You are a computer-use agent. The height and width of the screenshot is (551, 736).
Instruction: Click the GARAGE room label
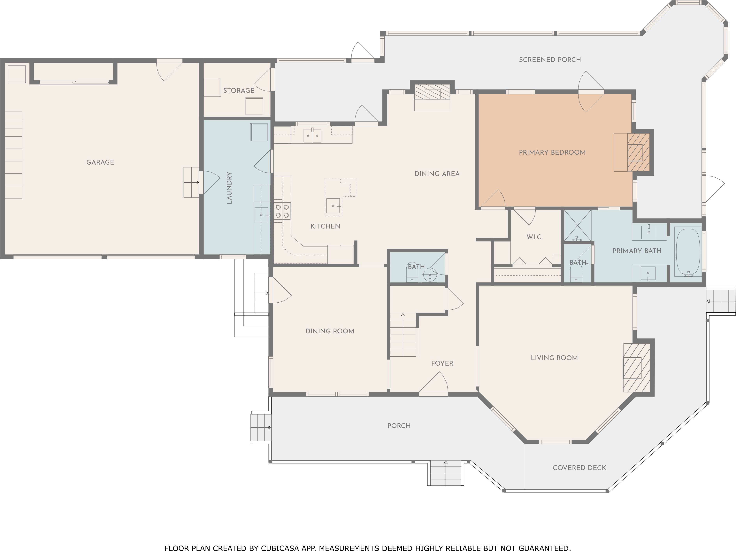coord(100,162)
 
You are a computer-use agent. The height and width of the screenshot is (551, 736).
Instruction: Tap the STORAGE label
coord(239,90)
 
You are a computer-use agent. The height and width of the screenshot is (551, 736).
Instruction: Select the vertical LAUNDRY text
coord(229,188)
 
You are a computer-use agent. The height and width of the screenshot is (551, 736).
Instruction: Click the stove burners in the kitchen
coord(282,211)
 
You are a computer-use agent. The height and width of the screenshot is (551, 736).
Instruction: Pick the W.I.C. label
coord(535,237)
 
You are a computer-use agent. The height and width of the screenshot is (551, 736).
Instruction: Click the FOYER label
coord(442,363)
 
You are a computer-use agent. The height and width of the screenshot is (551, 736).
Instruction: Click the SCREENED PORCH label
coord(550,60)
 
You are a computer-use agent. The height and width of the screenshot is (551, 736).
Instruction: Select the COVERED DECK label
coord(579,468)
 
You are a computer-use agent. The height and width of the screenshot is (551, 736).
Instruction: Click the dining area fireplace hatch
coord(432,92)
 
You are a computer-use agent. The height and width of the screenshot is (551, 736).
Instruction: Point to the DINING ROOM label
coord(330,331)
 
